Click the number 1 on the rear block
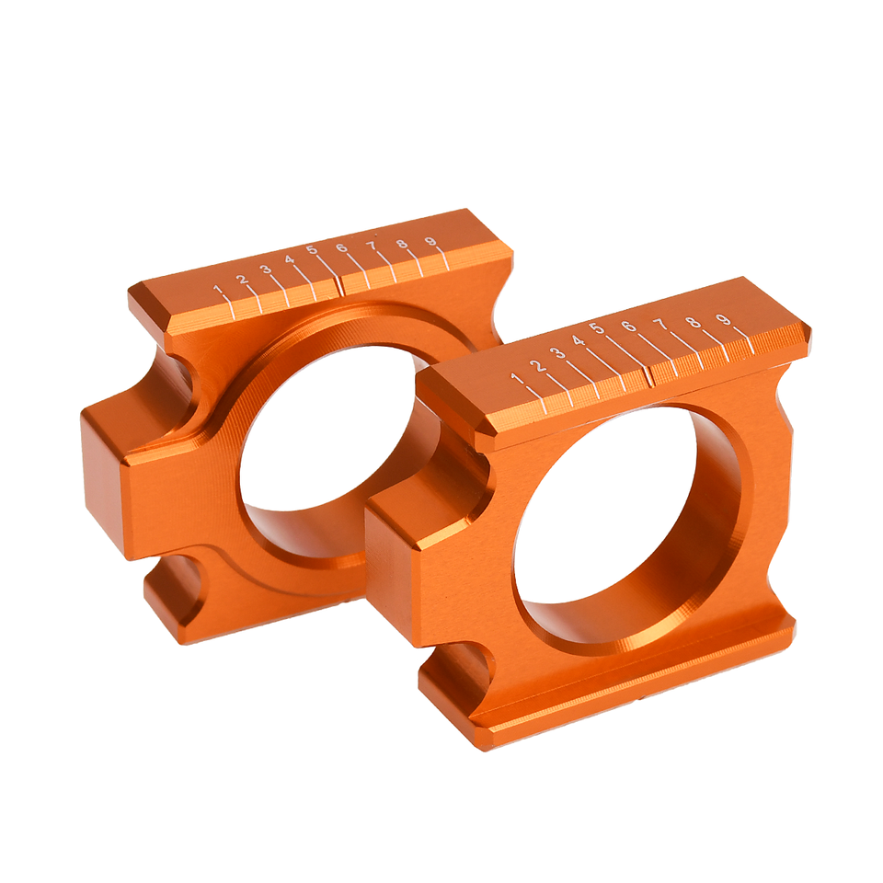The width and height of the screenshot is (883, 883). [218, 290]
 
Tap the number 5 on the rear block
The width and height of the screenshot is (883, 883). [313, 250]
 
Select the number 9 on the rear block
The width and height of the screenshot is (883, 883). [430, 242]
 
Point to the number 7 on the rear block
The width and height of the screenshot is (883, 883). [371, 246]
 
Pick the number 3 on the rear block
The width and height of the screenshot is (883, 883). [267, 269]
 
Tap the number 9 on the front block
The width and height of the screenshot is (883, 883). [724, 319]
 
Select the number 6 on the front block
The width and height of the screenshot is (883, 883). [628, 326]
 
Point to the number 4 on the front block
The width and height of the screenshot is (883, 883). [578, 340]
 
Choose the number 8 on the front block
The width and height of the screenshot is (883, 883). [694, 322]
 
